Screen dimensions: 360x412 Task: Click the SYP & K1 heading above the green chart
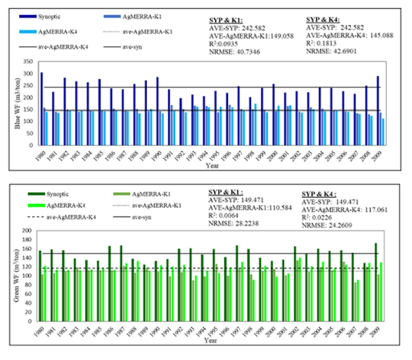coord(230,192)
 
